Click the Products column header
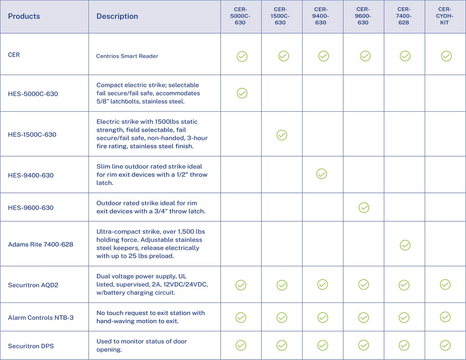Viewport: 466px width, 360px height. click(x=24, y=16)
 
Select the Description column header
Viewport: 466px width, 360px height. click(x=117, y=16)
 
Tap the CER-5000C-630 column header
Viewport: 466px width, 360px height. click(x=240, y=16)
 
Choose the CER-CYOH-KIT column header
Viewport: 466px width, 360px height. click(x=445, y=16)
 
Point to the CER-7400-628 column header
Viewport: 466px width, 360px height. click(x=404, y=16)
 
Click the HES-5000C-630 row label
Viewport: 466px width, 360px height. click(x=33, y=93)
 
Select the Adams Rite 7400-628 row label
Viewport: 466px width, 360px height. click(x=41, y=245)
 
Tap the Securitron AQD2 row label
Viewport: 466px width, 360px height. click(x=33, y=285)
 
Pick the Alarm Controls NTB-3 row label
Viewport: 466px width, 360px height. click(x=41, y=318)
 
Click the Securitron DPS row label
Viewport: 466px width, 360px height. click(x=31, y=346)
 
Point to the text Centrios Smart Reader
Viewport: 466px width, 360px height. click(x=127, y=56)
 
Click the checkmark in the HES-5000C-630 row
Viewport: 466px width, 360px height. click(x=242, y=93)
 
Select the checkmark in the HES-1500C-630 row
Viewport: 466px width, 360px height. click(x=282, y=135)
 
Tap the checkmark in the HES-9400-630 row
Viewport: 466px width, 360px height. click(x=322, y=174)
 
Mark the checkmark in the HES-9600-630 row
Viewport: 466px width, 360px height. click(x=364, y=208)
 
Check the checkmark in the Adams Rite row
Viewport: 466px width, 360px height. click(x=405, y=245)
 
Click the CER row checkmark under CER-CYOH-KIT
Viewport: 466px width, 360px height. click(x=446, y=56)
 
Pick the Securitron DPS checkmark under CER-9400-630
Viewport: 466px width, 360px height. click(x=323, y=345)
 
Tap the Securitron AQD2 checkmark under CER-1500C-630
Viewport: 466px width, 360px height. click(x=282, y=285)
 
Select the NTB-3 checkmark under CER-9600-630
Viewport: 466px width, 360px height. click(x=363, y=317)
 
